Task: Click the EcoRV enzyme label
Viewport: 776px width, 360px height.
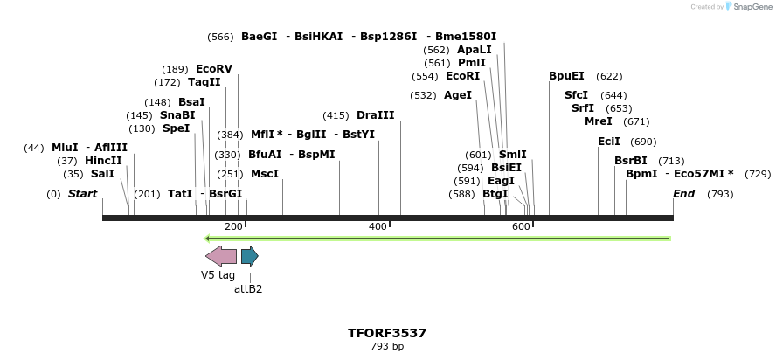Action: (214, 69)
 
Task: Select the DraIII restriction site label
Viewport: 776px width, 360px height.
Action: (375, 115)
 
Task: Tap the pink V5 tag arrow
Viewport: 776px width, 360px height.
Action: (220, 256)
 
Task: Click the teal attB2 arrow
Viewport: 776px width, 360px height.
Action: (250, 256)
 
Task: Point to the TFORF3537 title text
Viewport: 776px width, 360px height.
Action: (387, 333)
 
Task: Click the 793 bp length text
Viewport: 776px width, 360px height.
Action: (387, 347)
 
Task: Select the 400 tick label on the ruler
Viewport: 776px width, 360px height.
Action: (378, 227)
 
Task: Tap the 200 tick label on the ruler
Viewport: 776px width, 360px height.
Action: (233, 227)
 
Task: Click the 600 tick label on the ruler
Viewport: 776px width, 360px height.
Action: (521, 227)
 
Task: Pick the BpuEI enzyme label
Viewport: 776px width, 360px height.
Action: (566, 76)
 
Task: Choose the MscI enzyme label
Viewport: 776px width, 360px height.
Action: (265, 174)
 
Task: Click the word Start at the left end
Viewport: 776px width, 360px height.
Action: (82, 194)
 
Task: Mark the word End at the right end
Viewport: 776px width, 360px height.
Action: (683, 194)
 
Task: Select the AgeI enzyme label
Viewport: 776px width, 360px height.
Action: (458, 95)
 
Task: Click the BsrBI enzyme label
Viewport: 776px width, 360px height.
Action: (631, 161)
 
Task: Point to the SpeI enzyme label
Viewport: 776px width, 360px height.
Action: (176, 128)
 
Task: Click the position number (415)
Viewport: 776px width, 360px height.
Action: (336, 115)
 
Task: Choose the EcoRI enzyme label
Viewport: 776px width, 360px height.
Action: (462, 76)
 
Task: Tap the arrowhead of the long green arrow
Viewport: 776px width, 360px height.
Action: (208, 238)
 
